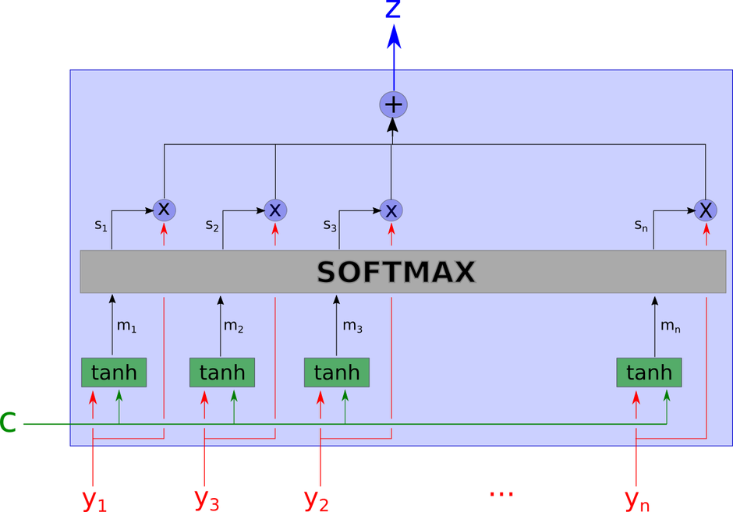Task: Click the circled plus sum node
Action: pyautogui.click(x=394, y=104)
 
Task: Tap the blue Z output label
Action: pyautogui.click(x=393, y=10)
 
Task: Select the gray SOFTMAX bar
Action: pyautogui.click(x=402, y=272)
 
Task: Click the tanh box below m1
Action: pyautogui.click(x=114, y=373)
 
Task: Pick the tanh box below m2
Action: pyautogui.click(x=222, y=373)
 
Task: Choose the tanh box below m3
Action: pyautogui.click(x=336, y=373)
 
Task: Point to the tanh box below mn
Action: pyautogui.click(x=649, y=373)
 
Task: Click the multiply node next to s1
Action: pyautogui.click(x=164, y=209)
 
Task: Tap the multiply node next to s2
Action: pyautogui.click(x=275, y=210)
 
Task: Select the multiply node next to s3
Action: pyautogui.click(x=391, y=210)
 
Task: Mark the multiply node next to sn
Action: pyautogui.click(x=706, y=210)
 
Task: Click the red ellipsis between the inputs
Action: pyautogui.click(x=501, y=493)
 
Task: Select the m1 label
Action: pyautogui.click(x=126, y=327)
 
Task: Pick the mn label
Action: pyautogui.click(x=670, y=327)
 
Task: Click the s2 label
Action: pyautogui.click(x=212, y=225)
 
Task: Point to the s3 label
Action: pyautogui.click(x=329, y=225)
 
